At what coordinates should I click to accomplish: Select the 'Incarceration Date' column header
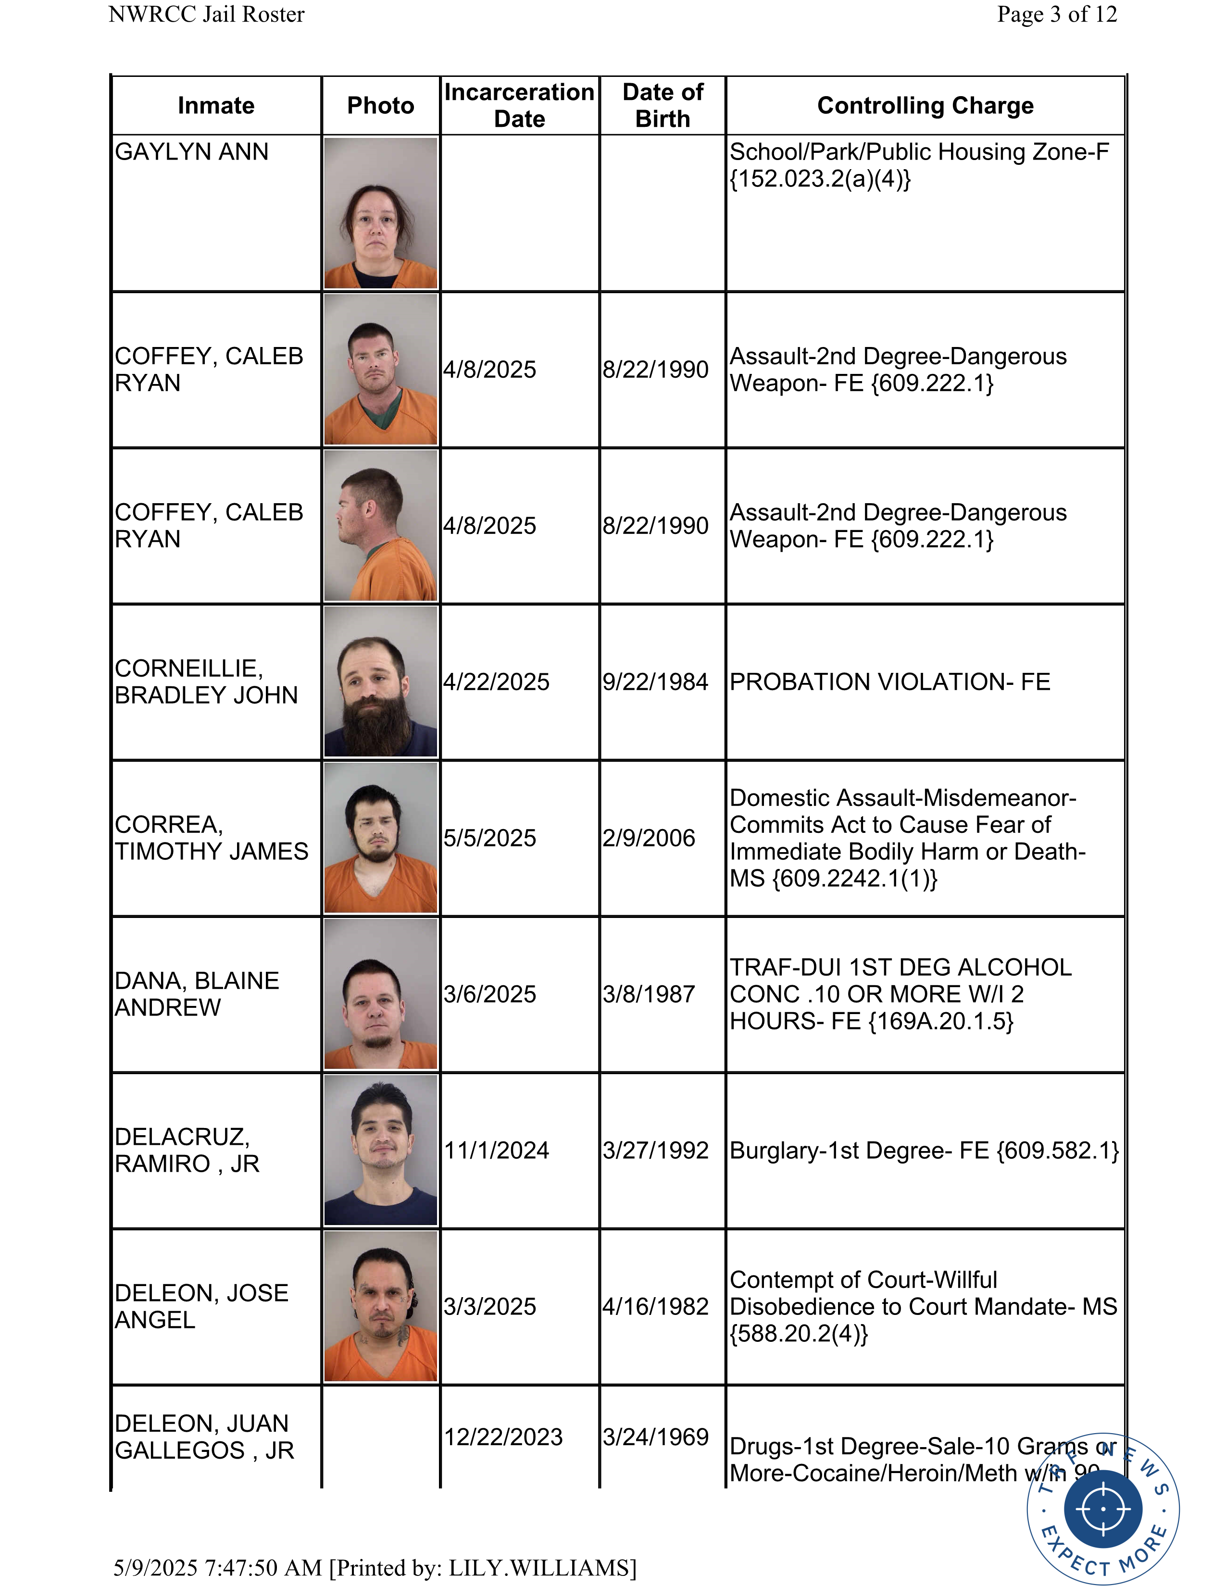point(519,105)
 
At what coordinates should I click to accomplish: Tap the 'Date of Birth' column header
point(663,105)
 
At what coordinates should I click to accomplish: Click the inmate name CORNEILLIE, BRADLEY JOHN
point(206,682)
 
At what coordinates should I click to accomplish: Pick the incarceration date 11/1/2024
point(496,1150)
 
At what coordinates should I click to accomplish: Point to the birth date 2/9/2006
point(649,838)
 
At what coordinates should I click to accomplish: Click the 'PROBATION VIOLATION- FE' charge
point(890,682)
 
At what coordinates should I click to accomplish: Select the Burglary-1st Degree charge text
point(924,1150)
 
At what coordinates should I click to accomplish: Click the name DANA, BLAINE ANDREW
point(197,994)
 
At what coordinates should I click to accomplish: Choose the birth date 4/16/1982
point(655,1306)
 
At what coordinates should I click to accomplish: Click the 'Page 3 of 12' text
point(1057,14)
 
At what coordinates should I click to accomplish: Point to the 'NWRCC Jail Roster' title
point(206,14)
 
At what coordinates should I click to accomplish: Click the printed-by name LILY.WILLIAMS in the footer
point(539,1568)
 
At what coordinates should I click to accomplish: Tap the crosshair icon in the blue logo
point(1102,1508)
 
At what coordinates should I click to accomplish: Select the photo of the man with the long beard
point(381,682)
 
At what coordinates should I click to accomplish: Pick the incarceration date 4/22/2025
point(496,682)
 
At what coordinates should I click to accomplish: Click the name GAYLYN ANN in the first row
point(192,152)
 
